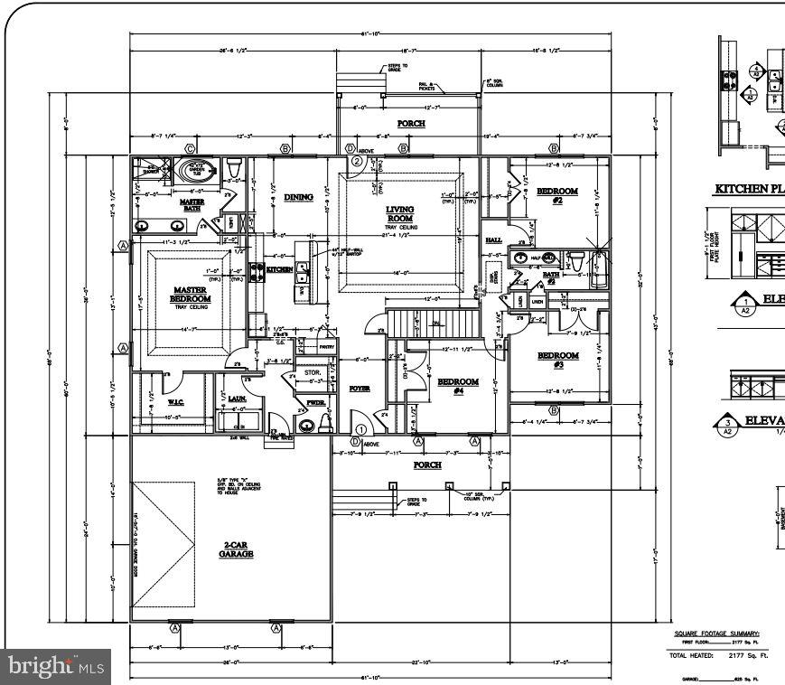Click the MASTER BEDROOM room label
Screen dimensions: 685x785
(x=191, y=295)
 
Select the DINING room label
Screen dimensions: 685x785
(x=298, y=197)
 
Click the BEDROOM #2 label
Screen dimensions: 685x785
(x=557, y=196)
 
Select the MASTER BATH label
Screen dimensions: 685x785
(x=192, y=205)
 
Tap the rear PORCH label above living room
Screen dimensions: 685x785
(x=411, y=123)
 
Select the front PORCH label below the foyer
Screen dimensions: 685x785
(x=426, y=464)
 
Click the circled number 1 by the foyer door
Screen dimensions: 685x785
(x=361, y=429)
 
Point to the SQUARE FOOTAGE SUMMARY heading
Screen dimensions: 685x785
(x=716, y=633)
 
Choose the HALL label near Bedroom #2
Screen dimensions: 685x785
(x=493, y=239)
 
